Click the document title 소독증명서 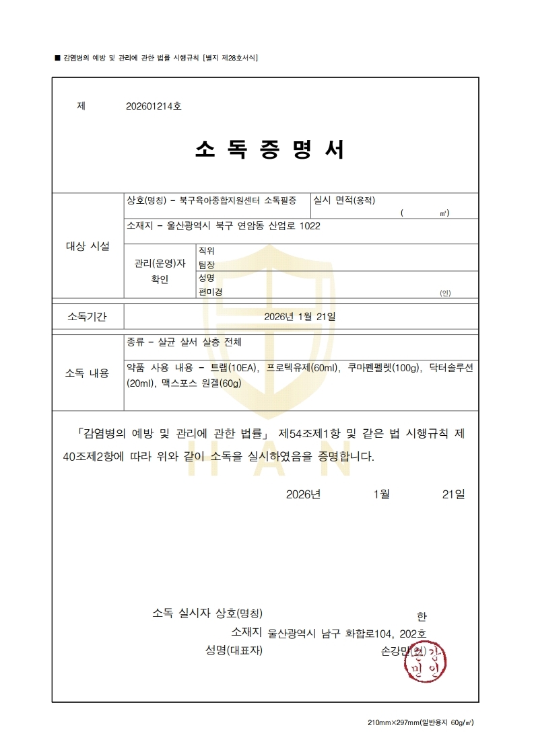[x=269, y=149]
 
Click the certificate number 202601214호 [x=154, y=106]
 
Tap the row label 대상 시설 [x=88, y=246]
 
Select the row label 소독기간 [x=87, y=317]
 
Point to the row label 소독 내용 [x=87, y=373]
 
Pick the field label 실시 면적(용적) [x=344, y=200]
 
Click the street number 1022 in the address [x=309, y=226]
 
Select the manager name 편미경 [x=210, y=291]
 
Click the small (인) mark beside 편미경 [x=445, y=293]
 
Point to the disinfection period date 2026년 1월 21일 [x=300, y=316]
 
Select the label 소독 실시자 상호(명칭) [x=207, y=613]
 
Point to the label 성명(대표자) [x=234, y=650]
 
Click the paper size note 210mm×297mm [x=393, y=722]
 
